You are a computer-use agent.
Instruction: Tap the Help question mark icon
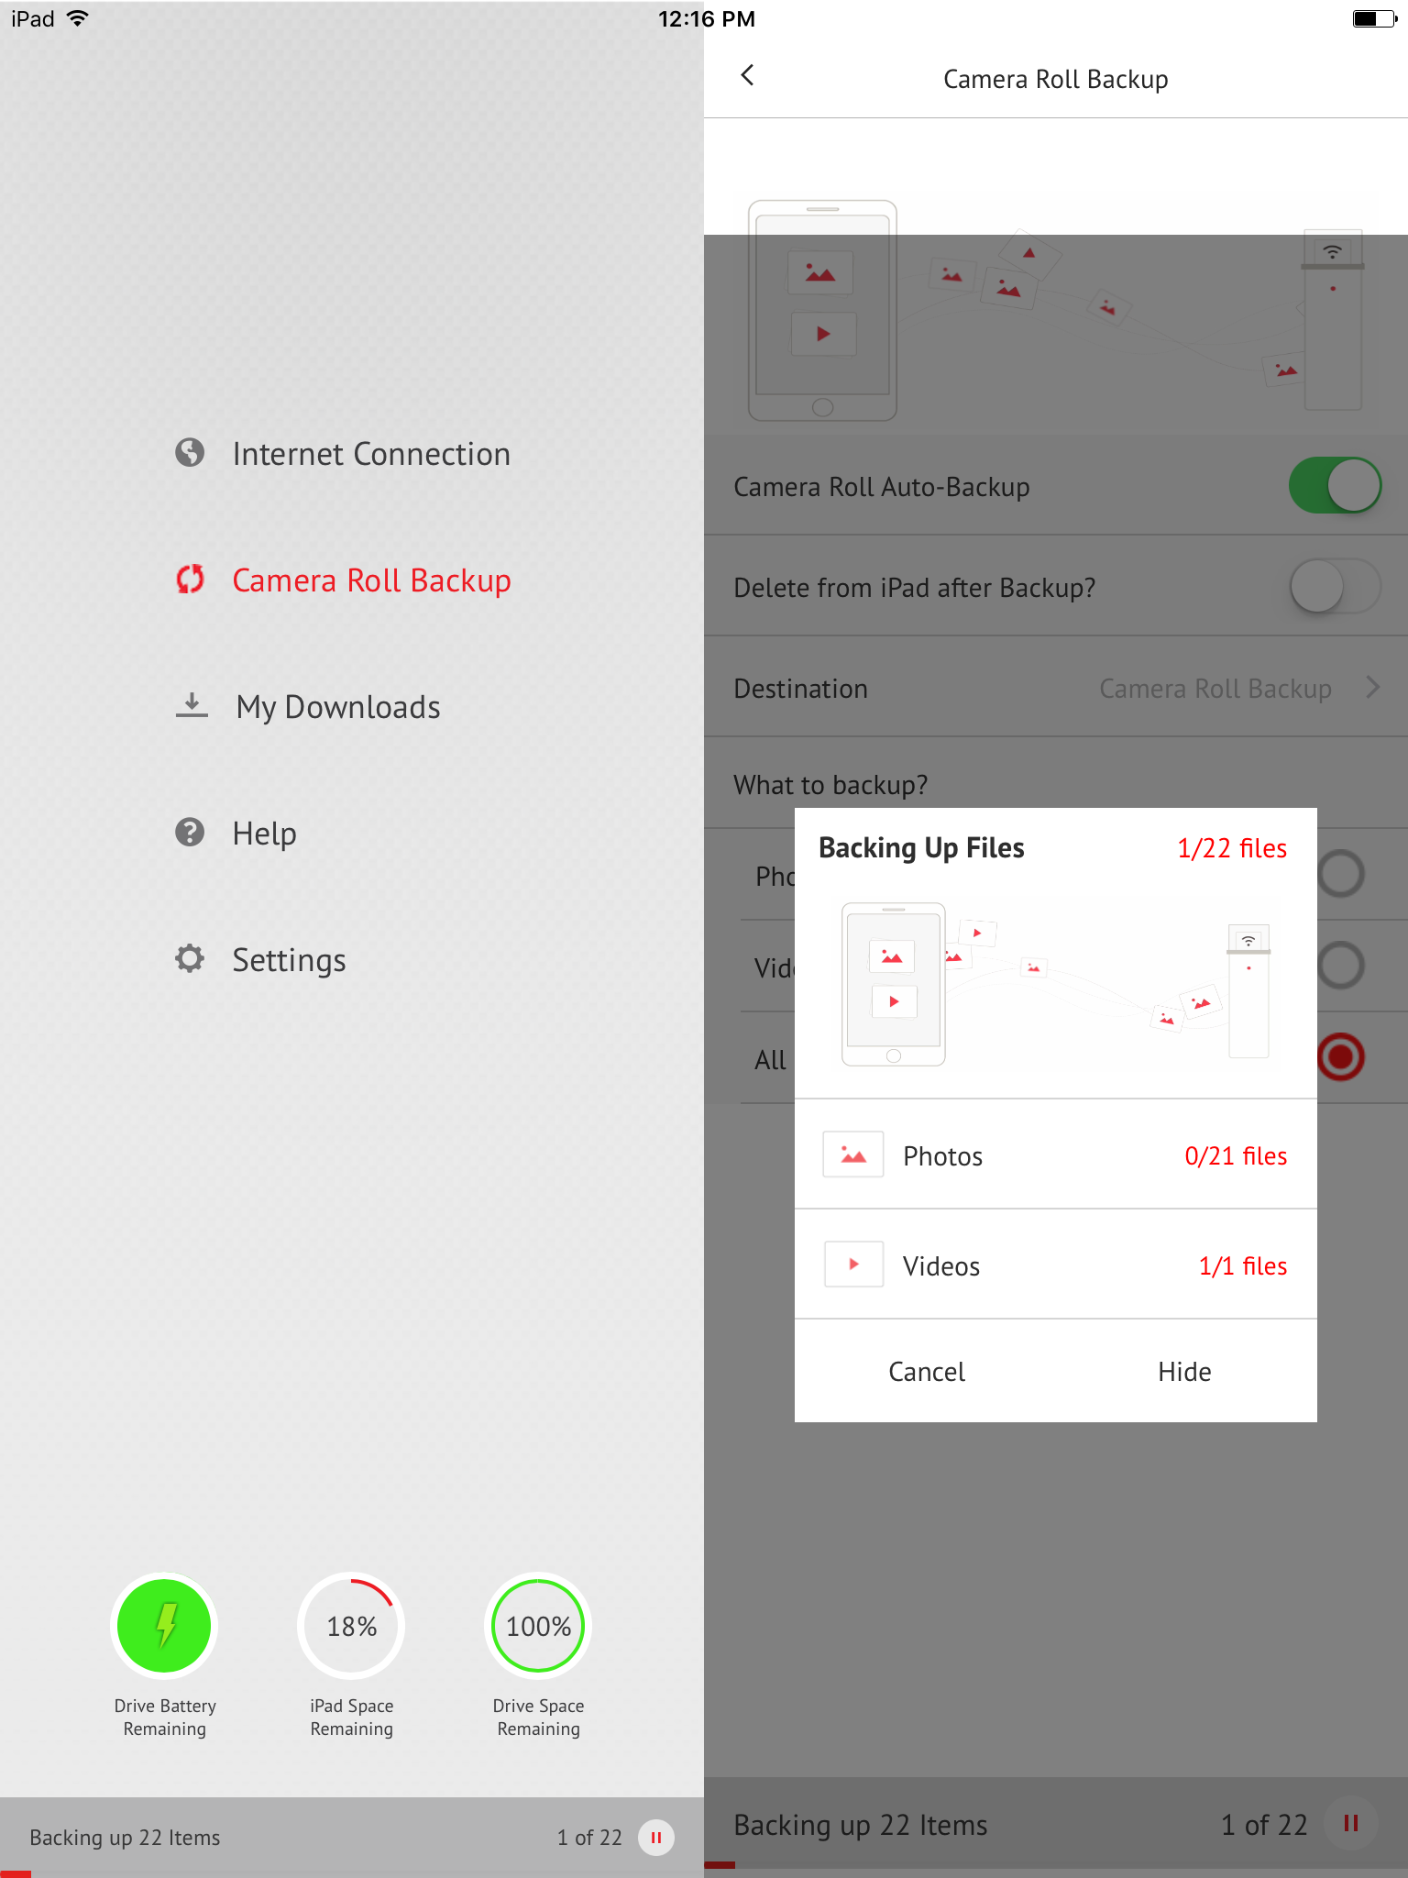tap(190, 833)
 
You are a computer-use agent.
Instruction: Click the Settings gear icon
tap(190, 959)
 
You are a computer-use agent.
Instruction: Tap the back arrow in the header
tap(748, 76)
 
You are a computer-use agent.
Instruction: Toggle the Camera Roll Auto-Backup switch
tap(1335, 486)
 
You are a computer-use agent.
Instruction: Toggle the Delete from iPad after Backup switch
tap(1335, 587)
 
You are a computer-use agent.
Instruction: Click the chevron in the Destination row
tap(1372, 688)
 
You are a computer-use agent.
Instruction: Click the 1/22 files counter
tap(1232, 848)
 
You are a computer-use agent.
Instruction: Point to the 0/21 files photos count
tap(1236, 1156)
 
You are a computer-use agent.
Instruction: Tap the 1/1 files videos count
tap(1243, 1266)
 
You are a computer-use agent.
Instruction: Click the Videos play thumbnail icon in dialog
tap(853, 1265)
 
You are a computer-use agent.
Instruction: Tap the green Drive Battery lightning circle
tap(165, 1626)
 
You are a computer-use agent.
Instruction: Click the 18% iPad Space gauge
tap(352, 1626)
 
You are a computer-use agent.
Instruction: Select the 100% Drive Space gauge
tap(539, 1626)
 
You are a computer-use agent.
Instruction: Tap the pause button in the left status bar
tap(656, 1838)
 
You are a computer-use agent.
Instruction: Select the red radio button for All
tap(1341, 1057)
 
